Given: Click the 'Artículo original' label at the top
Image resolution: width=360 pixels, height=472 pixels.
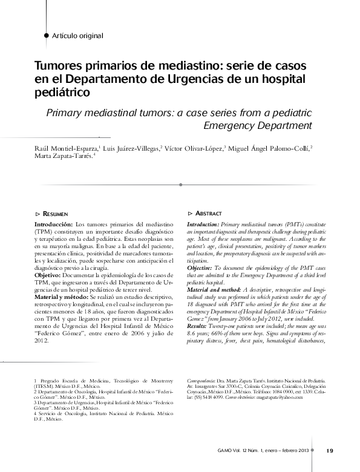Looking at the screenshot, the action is pyautogui.click(x=77, y=36).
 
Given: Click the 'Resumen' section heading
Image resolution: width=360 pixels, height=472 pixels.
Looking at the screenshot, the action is pyautogui.click(x=55, y=214).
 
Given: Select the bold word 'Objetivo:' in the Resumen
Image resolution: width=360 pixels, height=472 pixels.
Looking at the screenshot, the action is pyautogui.click(x=50, y=275).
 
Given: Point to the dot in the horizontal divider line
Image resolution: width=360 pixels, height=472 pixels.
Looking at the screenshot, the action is pyautogui.click(x=181, y=183).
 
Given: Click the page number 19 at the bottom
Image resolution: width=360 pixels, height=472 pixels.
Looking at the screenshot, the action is pyautogui.click(x=330, y=450).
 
